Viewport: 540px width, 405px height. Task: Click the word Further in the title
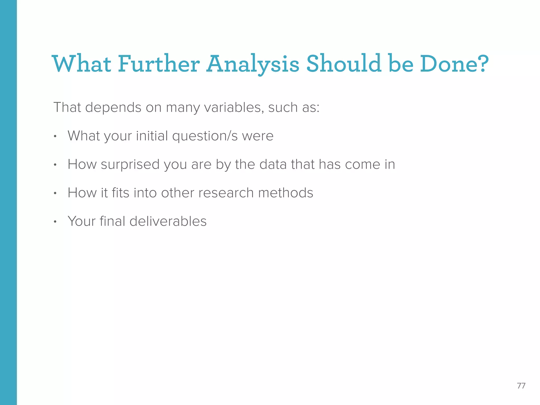point(158,64)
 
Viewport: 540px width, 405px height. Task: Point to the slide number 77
point(521,386)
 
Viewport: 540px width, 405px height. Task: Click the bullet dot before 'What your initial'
point(55,137)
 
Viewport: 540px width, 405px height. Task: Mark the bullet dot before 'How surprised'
point(55,165)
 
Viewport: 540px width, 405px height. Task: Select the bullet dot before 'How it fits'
point(55,194)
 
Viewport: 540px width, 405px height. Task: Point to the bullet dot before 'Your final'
point(55,222)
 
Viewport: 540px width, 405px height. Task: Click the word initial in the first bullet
point(152,136)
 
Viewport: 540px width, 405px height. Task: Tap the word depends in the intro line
point(113,108)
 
